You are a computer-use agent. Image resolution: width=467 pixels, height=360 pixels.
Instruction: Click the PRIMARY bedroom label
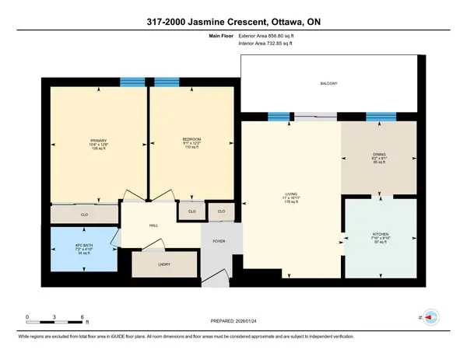tap(99, 140)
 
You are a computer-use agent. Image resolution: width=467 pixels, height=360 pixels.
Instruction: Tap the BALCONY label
tap(328, 83)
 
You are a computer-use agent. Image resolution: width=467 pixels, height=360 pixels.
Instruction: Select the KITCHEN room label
tap(381, 233)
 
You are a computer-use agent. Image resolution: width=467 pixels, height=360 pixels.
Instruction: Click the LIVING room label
tap(292, 194)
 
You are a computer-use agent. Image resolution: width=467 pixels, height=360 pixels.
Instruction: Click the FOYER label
tap(219, 241)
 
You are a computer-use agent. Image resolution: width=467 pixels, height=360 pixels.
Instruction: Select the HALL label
tap(154, 227)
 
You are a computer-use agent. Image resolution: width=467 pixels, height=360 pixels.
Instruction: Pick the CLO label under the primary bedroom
tap(83, 213)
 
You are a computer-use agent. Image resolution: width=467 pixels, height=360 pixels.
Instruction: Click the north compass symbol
tap(432, 317)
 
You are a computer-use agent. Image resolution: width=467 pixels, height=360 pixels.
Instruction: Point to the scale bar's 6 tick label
tap(83, 316)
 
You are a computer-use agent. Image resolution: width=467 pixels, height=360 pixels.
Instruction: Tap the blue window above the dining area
tap(381, 117)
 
